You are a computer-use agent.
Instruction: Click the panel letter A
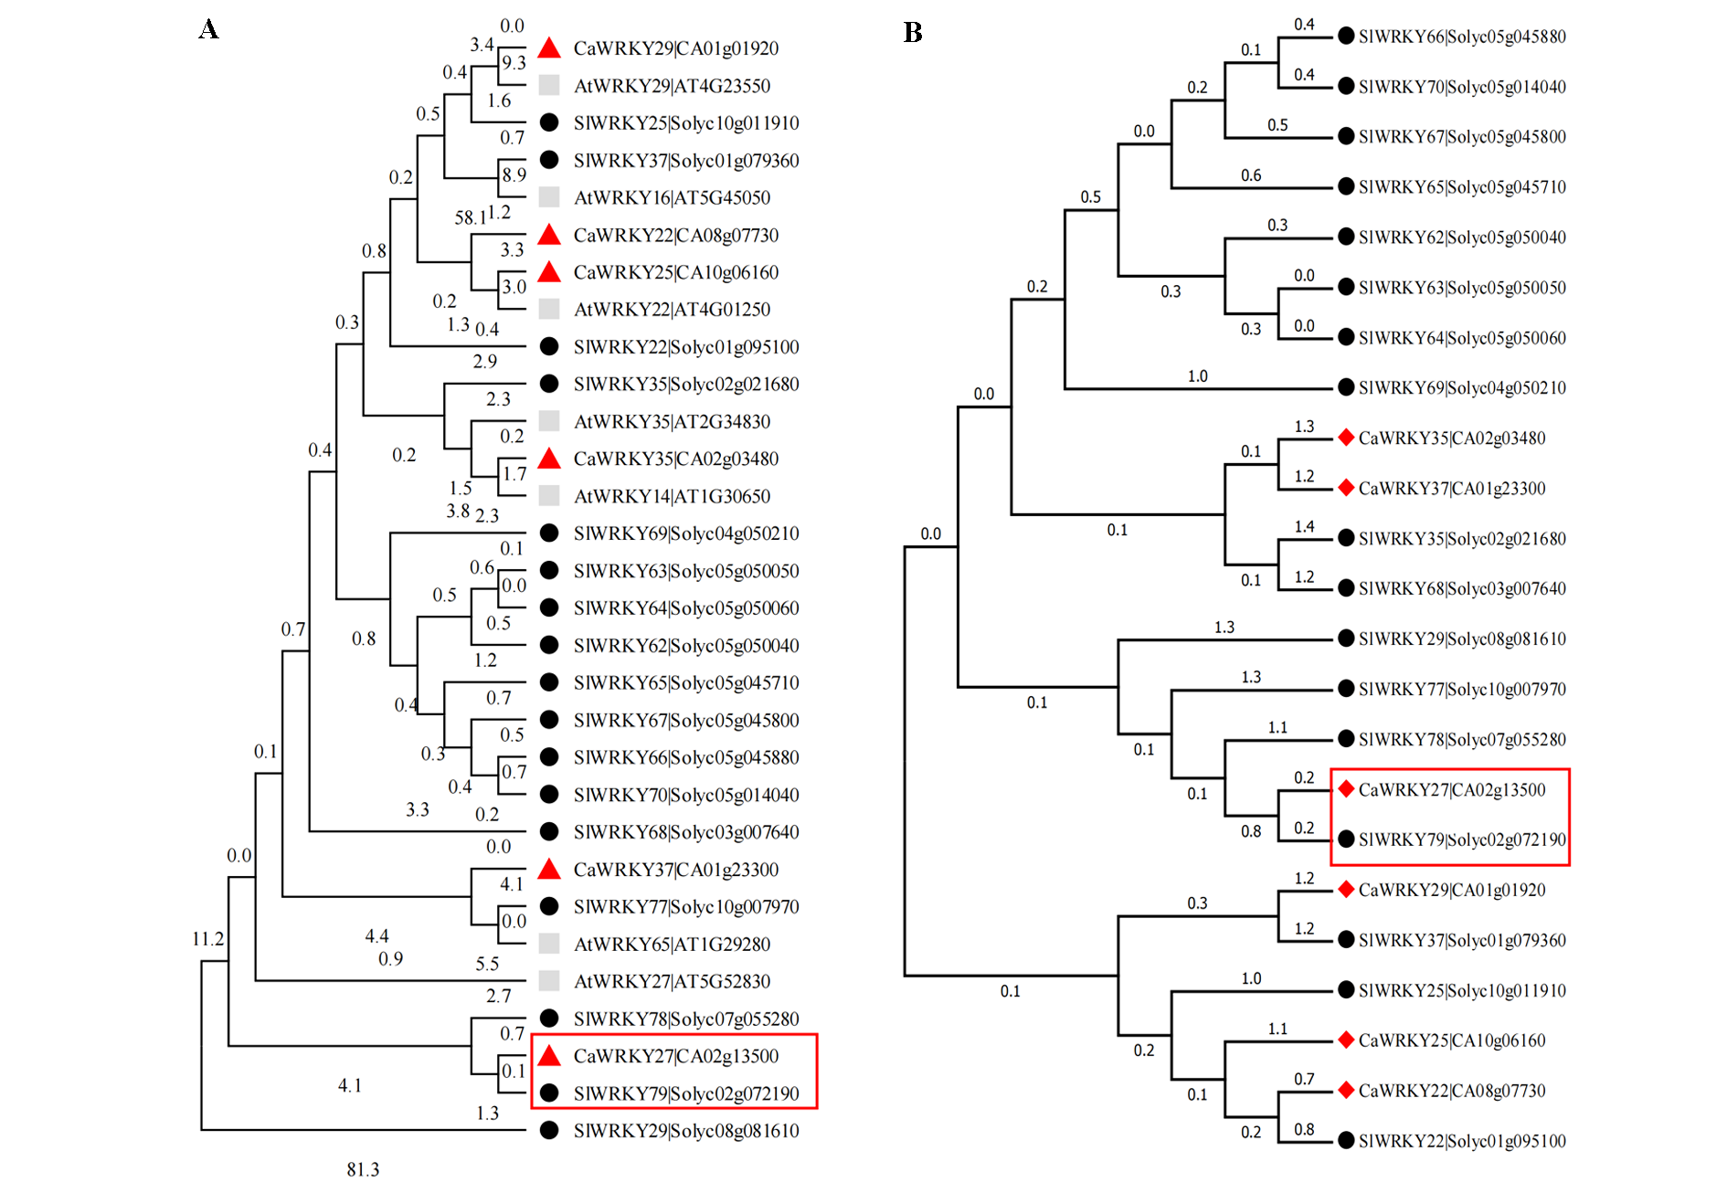208,29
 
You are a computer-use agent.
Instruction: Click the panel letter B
912,33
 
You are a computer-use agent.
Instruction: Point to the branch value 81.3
363,1169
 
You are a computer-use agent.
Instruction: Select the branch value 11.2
207,939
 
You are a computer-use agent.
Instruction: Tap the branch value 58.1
471,217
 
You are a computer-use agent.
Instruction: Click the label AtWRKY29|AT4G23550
672,86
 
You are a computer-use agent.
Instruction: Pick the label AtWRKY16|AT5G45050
672,197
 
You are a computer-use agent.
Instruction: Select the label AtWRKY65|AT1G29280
672,945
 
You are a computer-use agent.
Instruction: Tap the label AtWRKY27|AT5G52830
672,982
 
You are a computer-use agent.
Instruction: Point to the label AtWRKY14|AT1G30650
672,497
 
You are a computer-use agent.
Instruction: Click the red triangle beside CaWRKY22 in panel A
549,235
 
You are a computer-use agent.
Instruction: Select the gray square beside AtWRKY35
549,421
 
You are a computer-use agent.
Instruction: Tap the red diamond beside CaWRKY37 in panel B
1346,488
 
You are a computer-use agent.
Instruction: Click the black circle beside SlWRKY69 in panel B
1346,387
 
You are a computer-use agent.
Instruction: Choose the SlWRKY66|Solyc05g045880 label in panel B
1462,37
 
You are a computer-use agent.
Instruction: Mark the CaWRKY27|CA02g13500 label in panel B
1452,790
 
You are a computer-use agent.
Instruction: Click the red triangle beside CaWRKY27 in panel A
549,1056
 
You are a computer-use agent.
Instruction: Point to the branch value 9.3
514,62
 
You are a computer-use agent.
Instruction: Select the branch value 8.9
514,174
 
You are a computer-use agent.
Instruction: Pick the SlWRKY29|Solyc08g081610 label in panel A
685,1131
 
